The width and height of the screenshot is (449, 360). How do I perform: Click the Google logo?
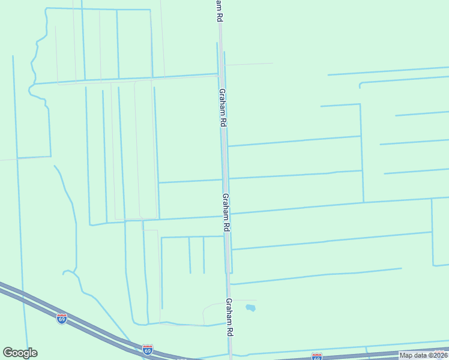pos(20,353)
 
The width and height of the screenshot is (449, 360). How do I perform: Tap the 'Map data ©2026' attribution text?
pos(423,355)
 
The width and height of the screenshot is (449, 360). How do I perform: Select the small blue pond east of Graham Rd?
pos(250,308)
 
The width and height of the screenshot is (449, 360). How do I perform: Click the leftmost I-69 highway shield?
pos(62,318)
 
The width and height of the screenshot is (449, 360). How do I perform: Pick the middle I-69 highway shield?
pos(148,349)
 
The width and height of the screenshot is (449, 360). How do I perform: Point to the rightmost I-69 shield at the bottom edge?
pos(317,356)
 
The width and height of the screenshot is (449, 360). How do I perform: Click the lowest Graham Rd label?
pos(229,318)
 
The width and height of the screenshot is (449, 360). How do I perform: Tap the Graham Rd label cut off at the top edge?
pos(217,11)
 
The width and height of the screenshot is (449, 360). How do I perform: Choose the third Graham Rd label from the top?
pos(226,212)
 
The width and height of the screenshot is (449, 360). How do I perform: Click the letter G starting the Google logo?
pos(8,353)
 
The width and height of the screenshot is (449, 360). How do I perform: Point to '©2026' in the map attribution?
pos(436,355)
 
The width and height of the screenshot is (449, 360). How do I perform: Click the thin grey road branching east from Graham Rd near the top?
pos(249,64)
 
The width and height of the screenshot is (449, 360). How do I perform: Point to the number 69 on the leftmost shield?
pos(62,319)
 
